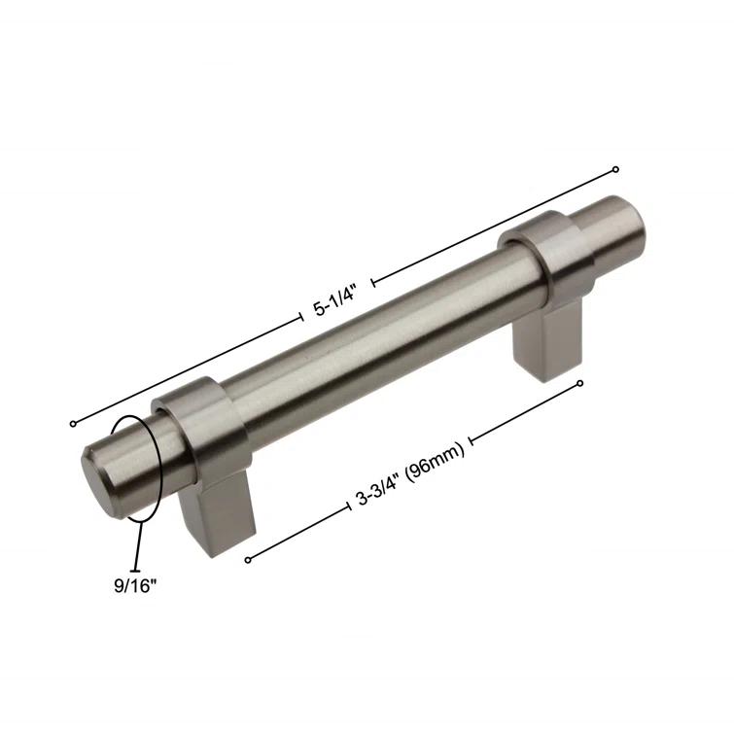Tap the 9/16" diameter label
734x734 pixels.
pyautogui.click(x=134, y=586)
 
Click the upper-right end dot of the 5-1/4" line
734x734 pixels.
pyautogui.click(x=615, y=169)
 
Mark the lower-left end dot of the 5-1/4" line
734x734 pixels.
pyautogui.click(x=73, y=423)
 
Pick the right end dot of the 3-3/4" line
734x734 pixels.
pyautogui.click(x=580, y=383)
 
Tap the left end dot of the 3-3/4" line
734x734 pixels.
pyautogui.click(x=249, y=559)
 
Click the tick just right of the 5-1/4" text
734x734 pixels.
pyautogui.click(x=373, y=282)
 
